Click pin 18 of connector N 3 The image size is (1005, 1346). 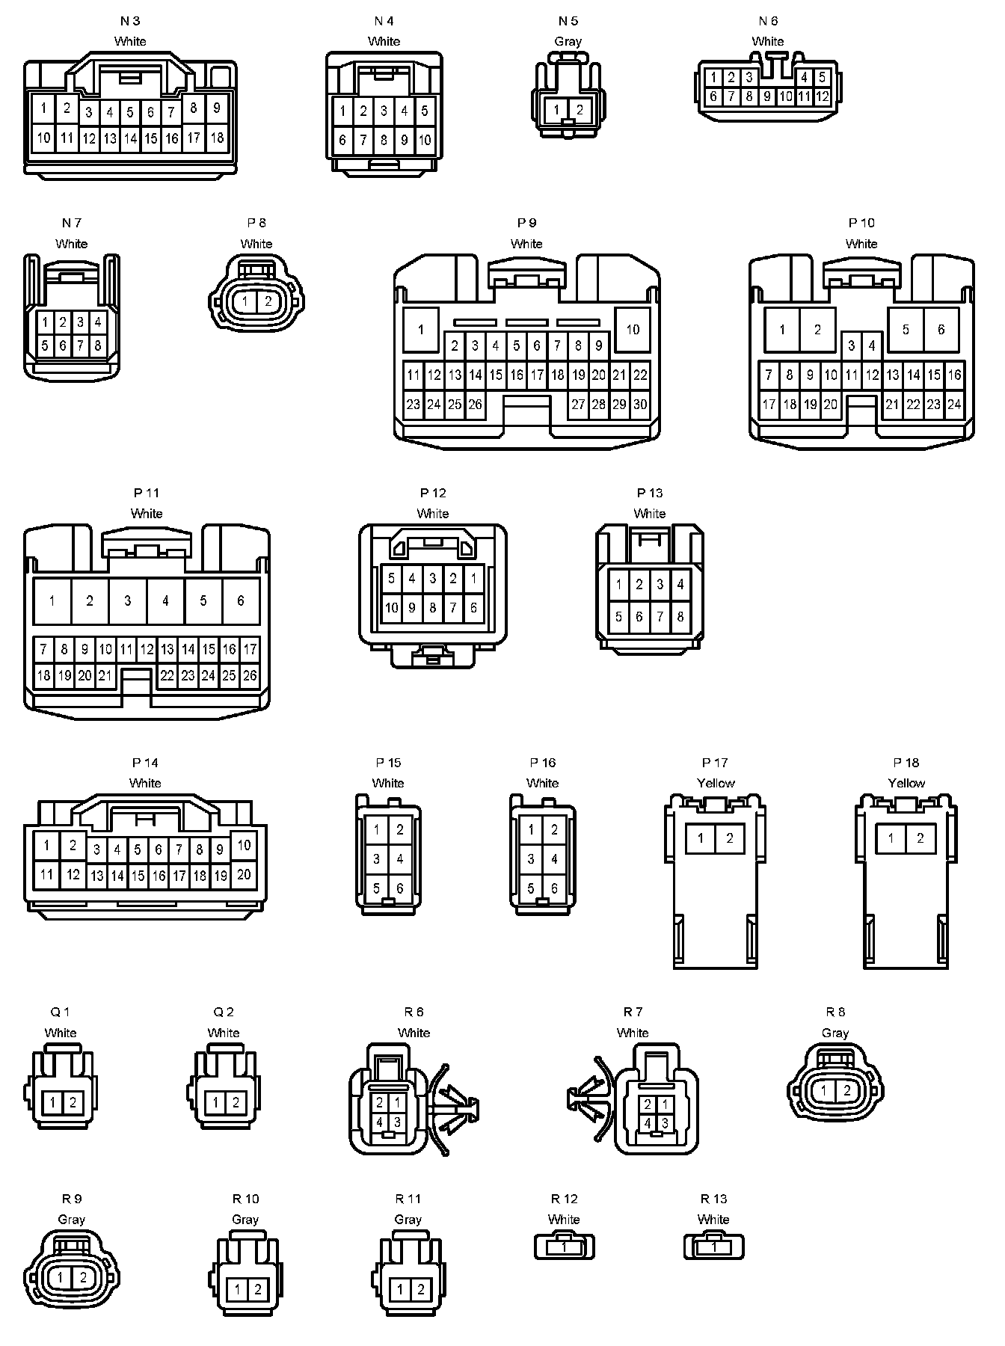coord(217,138)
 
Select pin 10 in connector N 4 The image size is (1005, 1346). coord(425,140)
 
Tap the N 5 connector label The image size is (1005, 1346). coord(568,21)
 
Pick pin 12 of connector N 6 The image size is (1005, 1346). coord(822,96)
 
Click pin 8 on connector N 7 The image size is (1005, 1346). coord(97,345)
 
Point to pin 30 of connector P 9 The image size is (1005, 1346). coord(640,405)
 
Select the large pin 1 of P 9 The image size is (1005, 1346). coord(421,329)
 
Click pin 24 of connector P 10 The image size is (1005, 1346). coord(954,405)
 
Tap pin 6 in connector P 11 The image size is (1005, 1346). coord(241,600)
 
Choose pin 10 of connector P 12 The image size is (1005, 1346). coord(391,608)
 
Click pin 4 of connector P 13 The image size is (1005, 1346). coord(680,584)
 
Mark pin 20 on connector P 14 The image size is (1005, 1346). coord(244,874)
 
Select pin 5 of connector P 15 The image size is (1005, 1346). coord(377,888)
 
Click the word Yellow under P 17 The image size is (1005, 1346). coord(716,783)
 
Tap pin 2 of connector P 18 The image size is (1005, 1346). coord(921,838)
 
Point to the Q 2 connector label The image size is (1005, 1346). coord(224,1012)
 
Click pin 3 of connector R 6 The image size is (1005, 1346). coord(397,1122)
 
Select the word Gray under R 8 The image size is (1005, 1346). coord(835,1033)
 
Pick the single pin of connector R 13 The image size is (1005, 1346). coord(714,1247)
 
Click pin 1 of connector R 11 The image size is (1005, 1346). coord(400,1289)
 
